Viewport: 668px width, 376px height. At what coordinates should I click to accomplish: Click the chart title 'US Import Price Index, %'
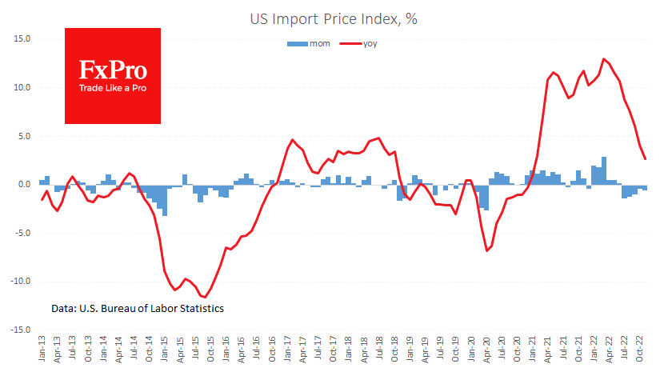click(334, 18)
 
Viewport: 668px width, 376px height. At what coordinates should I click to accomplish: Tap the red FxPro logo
click(113, 75)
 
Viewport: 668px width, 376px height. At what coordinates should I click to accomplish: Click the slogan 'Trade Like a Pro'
click(113, 88)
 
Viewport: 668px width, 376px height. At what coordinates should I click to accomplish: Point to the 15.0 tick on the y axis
click(21, 38)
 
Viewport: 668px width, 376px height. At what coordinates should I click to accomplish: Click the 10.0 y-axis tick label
click(21, 87)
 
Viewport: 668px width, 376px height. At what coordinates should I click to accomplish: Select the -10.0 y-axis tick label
click(19, 282)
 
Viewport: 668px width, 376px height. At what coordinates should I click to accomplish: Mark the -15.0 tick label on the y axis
click(19, 330)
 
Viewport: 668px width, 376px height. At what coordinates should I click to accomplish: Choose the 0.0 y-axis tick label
click(23, 185)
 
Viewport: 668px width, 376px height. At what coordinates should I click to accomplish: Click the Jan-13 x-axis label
click(42, 353)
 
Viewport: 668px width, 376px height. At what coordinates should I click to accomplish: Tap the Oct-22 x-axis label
click(640, 353)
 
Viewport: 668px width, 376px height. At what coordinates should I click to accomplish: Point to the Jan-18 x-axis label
click(349, 353)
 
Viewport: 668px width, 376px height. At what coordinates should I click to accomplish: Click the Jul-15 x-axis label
click(195, 353)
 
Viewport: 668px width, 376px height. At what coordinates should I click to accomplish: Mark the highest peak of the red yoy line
click(604, 58)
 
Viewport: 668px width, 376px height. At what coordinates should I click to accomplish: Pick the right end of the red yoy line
click(645, 158)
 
